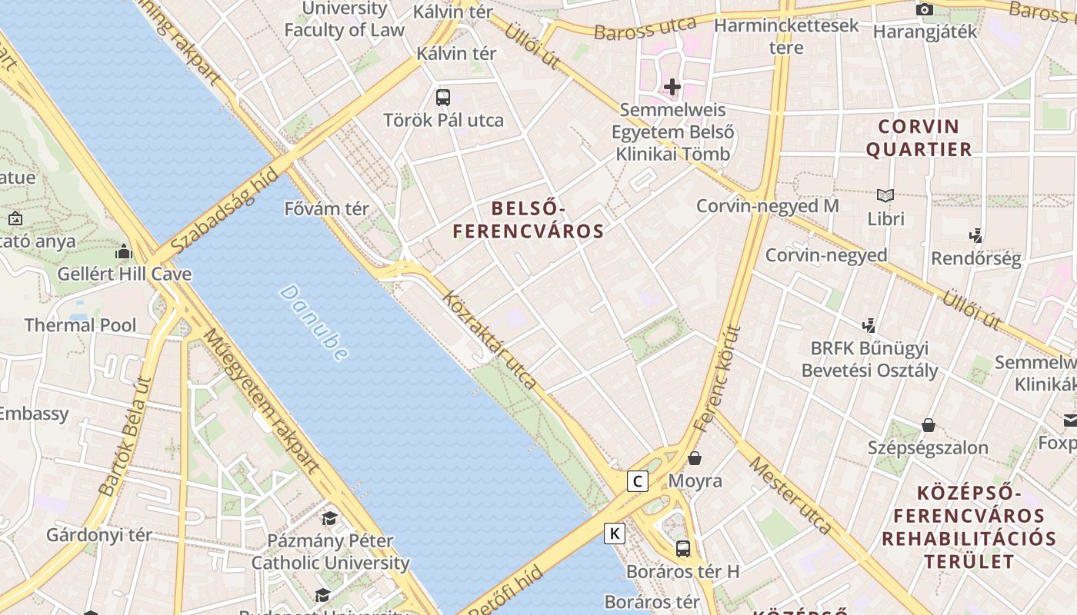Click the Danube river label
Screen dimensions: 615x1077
(x=314, y=322)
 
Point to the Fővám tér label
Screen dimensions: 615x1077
(x=327, y=208)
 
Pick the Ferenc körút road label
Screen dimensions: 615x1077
(x=717, y=378)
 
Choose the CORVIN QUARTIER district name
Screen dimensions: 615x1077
(x=919, y=138)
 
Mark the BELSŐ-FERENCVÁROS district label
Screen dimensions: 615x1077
(x=528, y=219)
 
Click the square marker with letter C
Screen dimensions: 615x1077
(x=637, y=481)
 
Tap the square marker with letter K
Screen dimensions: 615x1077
(x=614, y=533)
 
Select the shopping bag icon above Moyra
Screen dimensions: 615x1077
(x=695, y=458)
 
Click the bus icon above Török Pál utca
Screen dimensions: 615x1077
(x=443, y=97)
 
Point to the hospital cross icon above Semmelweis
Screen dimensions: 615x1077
(x=672, y=87)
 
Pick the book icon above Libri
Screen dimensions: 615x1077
(x=885, y=195)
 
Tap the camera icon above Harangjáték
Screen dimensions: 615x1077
(x=925, y=9)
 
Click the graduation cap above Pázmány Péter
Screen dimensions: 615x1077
(x=330, y=518)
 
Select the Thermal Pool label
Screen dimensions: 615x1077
(x=80, y=325)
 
